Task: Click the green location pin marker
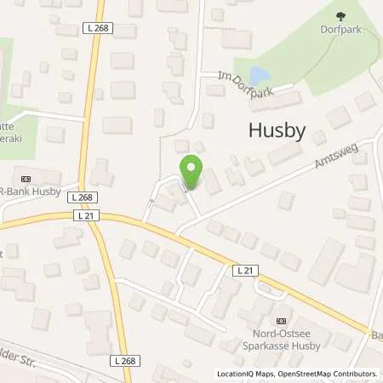pos(191,171)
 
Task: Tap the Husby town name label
pos(276,129)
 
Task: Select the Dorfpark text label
pos(341,28)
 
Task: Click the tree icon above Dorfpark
pos(341,15)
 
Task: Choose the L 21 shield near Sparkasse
pos(245,270)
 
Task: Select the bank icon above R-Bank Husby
pos(25,178)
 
